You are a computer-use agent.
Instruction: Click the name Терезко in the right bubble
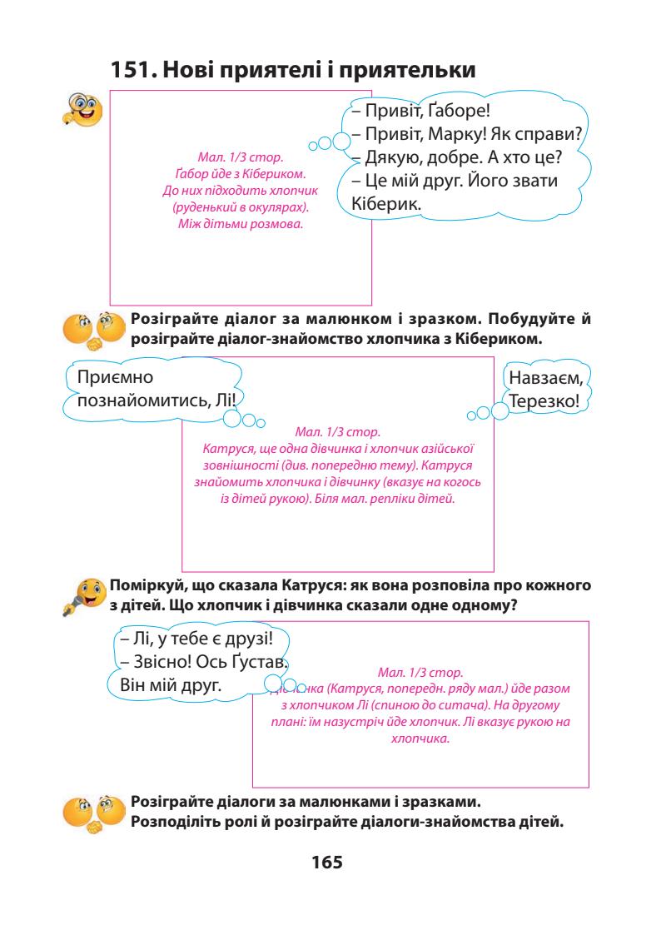pyautogui.click(x=548, y=401)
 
